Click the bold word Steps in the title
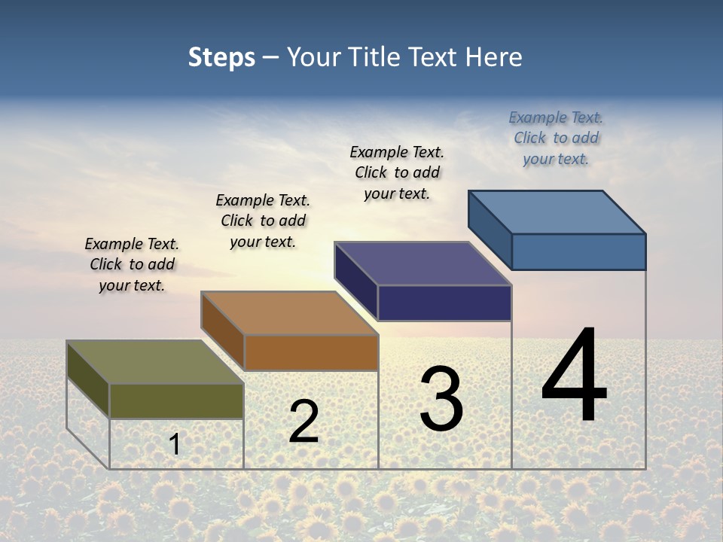tap(221, 57)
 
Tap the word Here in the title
tap(494, 57)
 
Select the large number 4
tap(574, 376)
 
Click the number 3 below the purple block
tap(441, 399)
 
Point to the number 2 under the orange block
tap(304, 422)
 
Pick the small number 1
tap(175, 444)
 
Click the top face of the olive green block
tap(154, 362)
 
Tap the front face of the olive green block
tap(176, 400)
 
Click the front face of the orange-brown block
tap(310, 352)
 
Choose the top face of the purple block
tap(423, 263)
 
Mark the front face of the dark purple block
tap(444, 303)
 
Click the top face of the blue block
tap(557, 212)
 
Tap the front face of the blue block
tap(578, 251)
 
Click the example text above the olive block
tap(132, 264)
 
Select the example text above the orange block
tap(263, 221)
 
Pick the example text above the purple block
tap(397, 172)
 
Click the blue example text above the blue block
tap(556, 138)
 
